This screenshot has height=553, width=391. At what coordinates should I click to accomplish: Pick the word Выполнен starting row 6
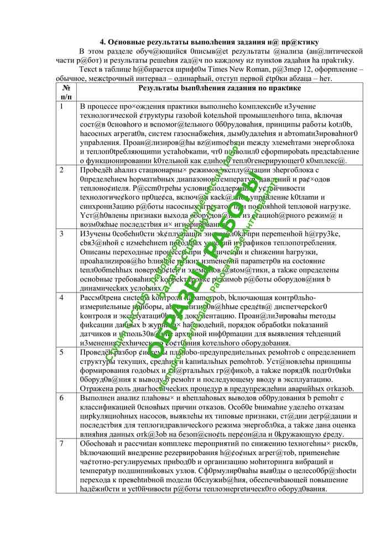[x=97, y=398]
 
